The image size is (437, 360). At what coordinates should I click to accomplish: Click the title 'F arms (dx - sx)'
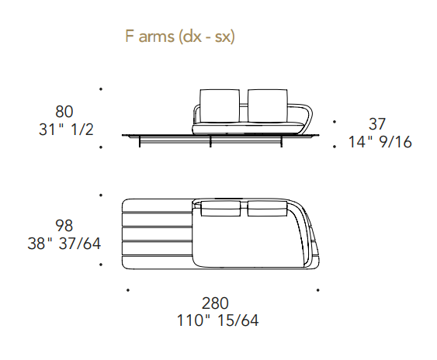click(180, 36)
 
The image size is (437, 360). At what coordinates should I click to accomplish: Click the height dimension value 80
click(64, 112)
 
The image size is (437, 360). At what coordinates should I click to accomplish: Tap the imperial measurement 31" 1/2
click(66, 130)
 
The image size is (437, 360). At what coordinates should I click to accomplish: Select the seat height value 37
click(377, 124)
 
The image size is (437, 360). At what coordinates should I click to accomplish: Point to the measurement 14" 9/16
click(380, 142)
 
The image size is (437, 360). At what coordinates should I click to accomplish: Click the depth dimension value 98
click(64, 226)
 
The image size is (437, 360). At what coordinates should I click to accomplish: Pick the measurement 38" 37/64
click(64, 244)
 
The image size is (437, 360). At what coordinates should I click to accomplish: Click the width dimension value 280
click(215, 303)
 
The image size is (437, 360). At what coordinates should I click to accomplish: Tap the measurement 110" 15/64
click(217, 320)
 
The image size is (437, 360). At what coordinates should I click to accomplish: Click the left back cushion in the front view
click(220, 106)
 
